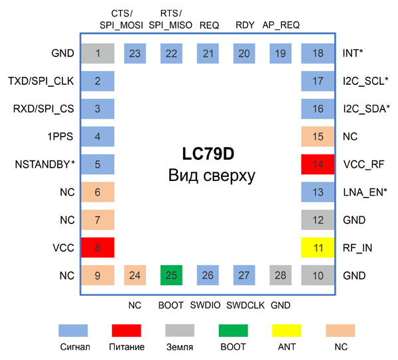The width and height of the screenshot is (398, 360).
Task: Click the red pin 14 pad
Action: coord(318,164)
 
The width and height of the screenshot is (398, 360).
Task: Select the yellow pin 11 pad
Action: coord(318,247)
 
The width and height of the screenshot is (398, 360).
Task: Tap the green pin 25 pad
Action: coord(170,274)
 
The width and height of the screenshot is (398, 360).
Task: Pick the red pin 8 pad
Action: coord(98,247)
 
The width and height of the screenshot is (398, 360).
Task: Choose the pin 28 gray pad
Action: coord(281,274)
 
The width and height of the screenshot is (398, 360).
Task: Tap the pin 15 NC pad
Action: coord(318,137)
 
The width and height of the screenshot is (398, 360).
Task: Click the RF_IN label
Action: coord(357,247)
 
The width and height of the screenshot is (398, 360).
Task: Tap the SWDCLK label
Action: coord(245,306)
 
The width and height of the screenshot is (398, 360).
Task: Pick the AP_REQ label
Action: coord(281,25)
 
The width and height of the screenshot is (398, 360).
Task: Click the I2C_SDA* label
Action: coord(366,109)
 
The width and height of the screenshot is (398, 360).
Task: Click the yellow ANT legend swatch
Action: coord(287,330)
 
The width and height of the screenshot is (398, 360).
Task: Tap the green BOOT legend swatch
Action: coord(233,330)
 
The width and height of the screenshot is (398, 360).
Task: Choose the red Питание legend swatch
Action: coord(126,330)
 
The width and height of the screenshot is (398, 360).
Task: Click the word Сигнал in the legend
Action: coord(73,346)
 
